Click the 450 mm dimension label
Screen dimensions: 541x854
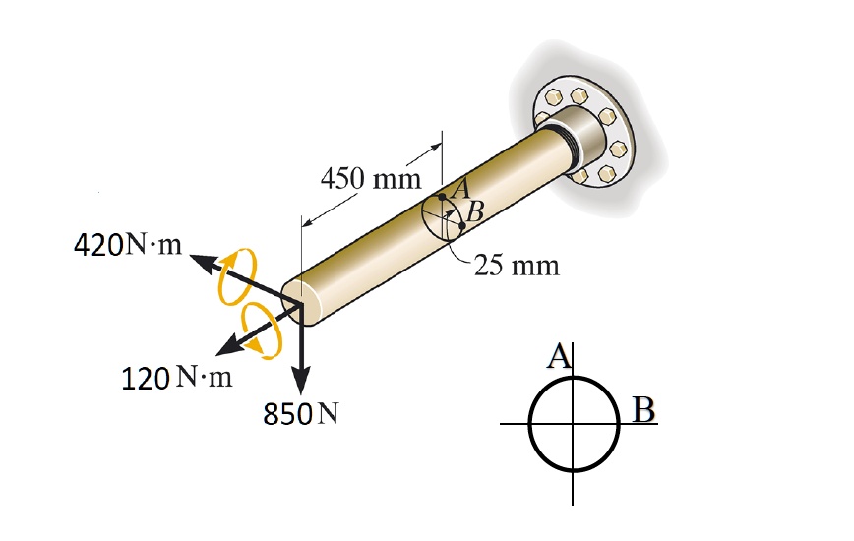pyautogui.click(x=370, y=179)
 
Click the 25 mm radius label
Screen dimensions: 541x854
pyautogui.click(x=517, y=265)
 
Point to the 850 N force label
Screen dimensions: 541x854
pyautogui.click(x=301, y=414)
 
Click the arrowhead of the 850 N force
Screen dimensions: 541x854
pyautogui.click(x=301, y=384)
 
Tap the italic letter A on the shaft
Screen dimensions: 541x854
pyautogui.click(x=462, y=185)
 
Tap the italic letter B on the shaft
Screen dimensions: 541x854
pyautogui.click(x=475, y=210)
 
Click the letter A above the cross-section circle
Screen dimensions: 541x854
pyautogui.click(x=559, y=357)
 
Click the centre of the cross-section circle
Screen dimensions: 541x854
pyautogui.click(x=573, y=424)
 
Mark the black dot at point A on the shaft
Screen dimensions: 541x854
pyautogui.click(x=443, y=197)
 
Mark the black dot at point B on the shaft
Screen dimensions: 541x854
pyautogui.click(x=462, y=226)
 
